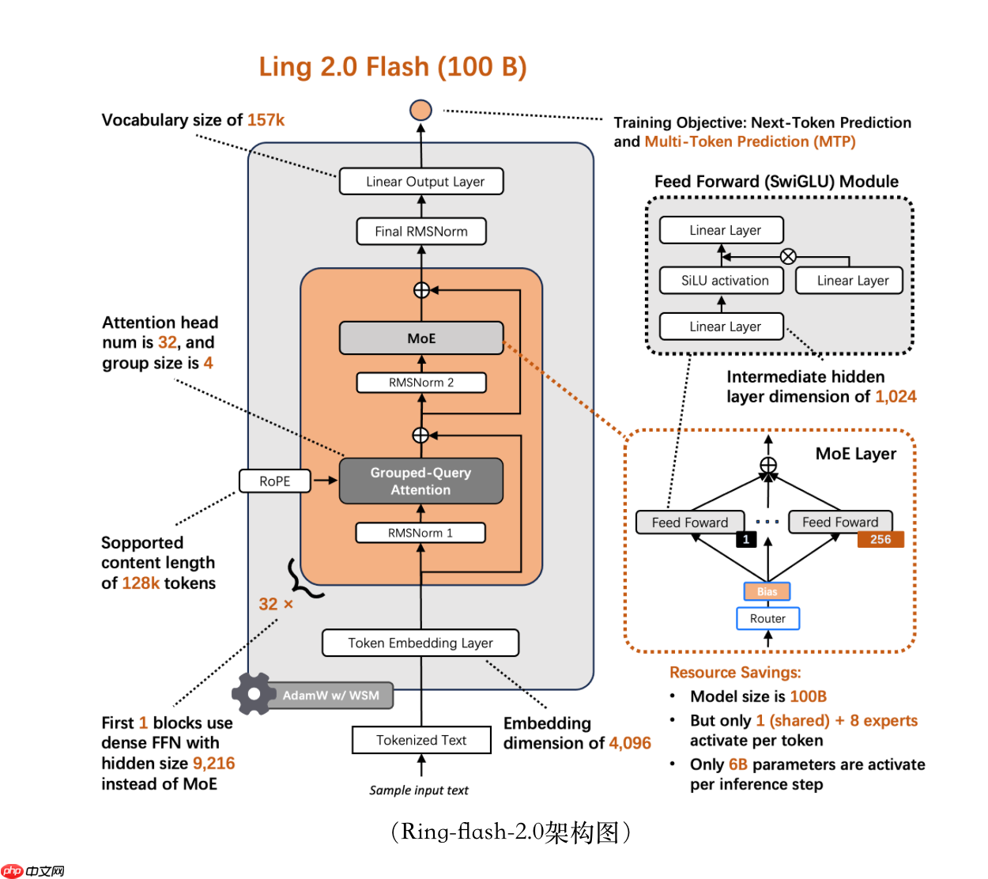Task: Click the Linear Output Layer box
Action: (421, 181)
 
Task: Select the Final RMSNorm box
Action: (421, 232)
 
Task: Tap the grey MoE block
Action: (421, 338)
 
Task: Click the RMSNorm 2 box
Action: (421, 383)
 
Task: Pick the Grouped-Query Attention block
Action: (421, 481)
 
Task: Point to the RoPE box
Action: (275, 481)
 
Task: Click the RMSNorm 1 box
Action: (420, 533)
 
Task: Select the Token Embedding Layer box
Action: (420, 643)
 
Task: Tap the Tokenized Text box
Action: (421, 740)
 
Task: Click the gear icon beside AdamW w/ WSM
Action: (253, 694)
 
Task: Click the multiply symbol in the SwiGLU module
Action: (788, 256)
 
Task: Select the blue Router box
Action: (767, 618)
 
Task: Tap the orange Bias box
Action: (767, 591)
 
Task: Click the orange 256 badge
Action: (881, 539)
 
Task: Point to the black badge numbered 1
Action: (746, 539)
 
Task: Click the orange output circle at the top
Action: (420, 110)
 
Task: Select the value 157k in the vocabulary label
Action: (266, 120)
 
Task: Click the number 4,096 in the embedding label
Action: (630, 743)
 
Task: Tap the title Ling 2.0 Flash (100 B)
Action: (393, 67)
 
